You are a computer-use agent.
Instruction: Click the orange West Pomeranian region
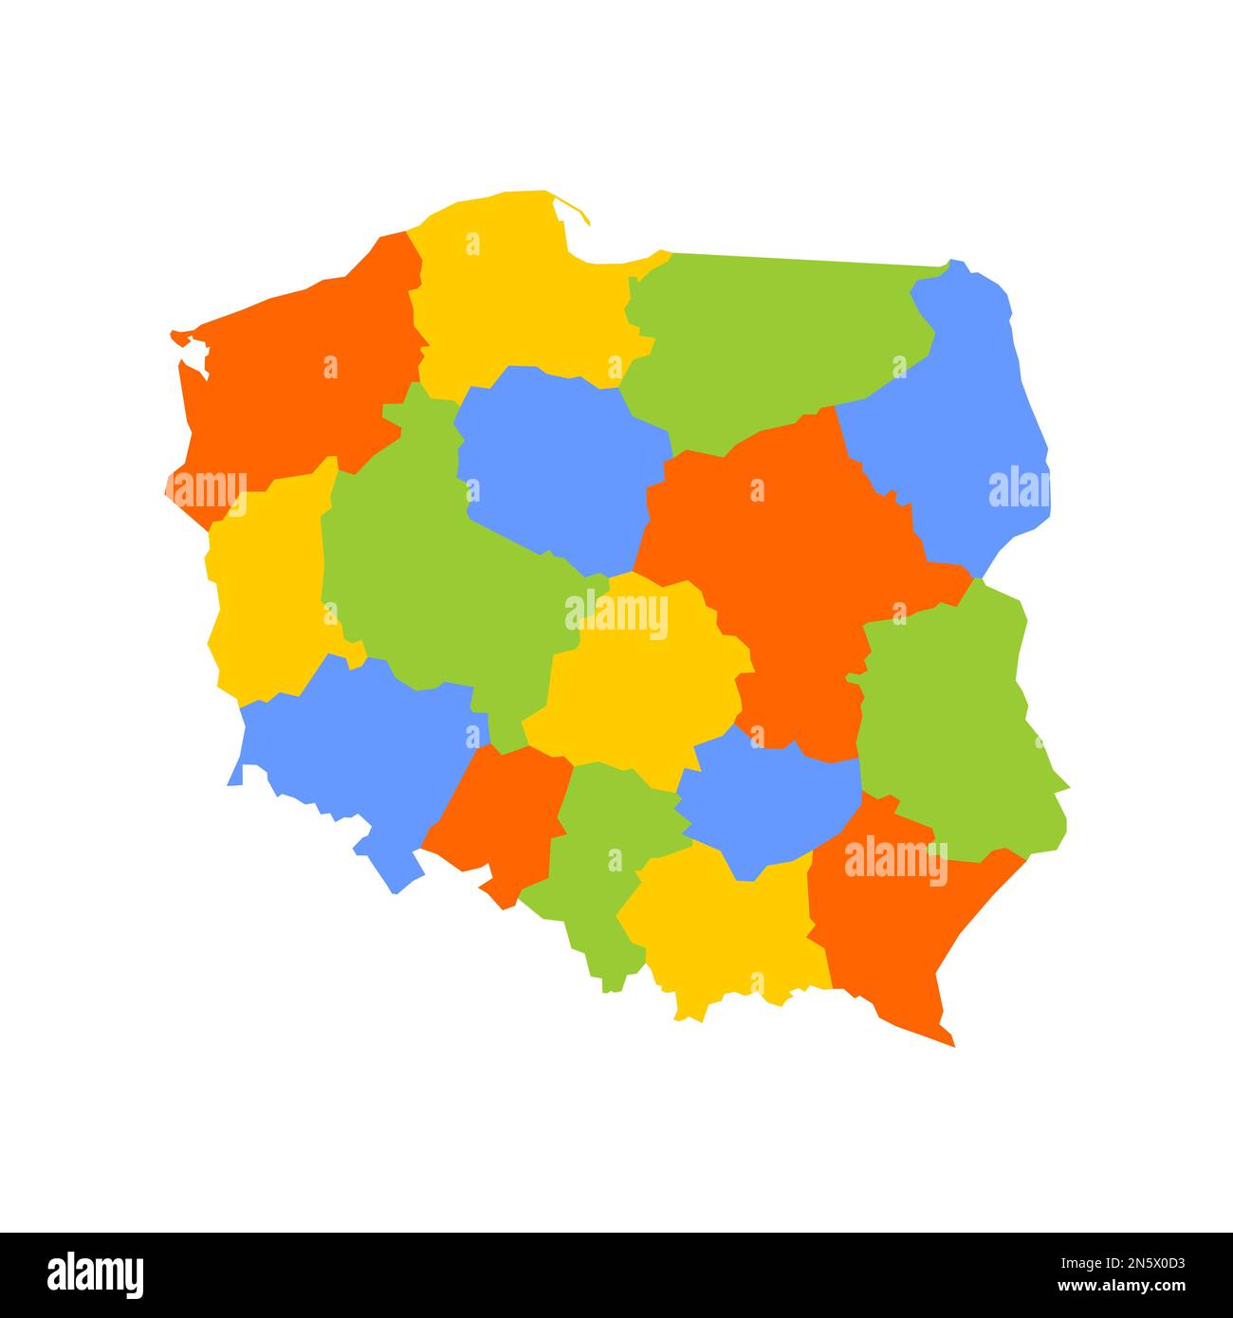294,379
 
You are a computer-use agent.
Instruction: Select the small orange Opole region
503,815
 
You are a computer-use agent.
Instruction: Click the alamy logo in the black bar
95,1274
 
